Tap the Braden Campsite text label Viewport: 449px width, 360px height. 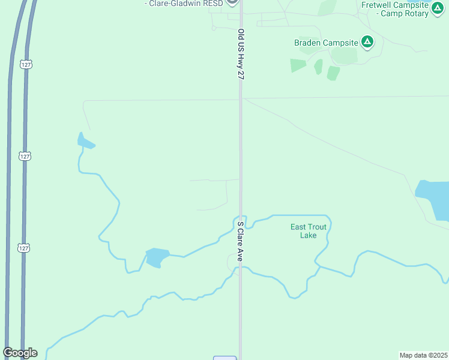(326, 43)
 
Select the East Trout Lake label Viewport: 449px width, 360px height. (308, 231)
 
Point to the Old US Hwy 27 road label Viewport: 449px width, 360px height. (241, 55)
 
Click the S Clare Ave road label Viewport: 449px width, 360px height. (240, 241)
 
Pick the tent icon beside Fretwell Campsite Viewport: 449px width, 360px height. (438, 10)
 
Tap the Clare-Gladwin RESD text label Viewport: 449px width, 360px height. (184, 4)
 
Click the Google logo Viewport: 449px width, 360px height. (20, 352)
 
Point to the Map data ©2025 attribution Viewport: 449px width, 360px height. (423, 355)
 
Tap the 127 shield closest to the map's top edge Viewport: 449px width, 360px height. (25, 64)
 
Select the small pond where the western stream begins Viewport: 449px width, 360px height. (85, 141)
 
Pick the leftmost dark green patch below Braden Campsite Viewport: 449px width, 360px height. (298, 65)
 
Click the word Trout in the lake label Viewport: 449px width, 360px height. (317, 227)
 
